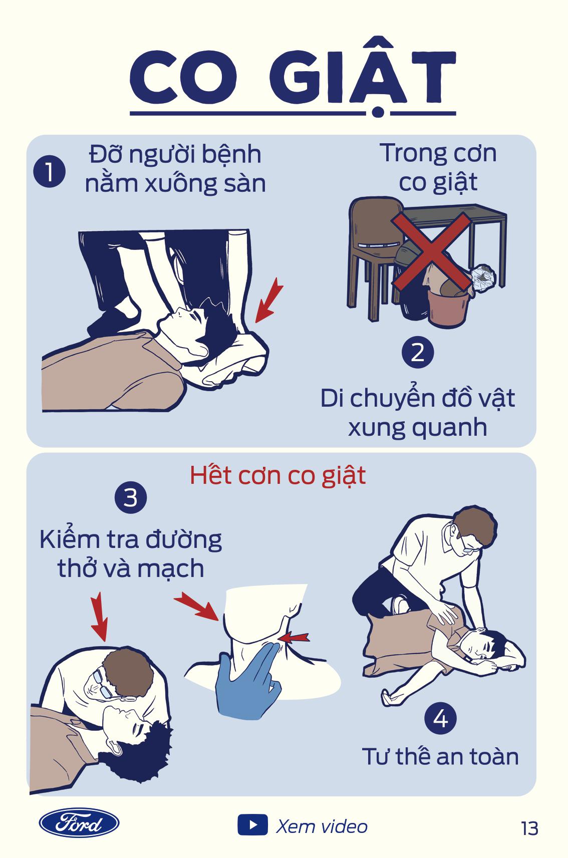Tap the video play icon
coord(252,824)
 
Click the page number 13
coord(529,828)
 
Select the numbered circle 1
coord(50,171)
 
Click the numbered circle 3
coord(131,497)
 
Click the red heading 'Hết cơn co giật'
coord(277,476)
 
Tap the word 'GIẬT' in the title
coord(362,76)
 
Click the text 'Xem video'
coord(322,826)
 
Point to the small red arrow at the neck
coord(294,638)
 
